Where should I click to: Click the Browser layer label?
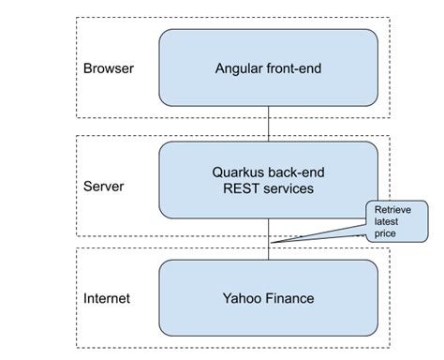109,68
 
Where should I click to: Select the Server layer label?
104,186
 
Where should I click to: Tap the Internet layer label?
107,299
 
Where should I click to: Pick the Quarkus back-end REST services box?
269,179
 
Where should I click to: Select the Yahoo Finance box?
269,299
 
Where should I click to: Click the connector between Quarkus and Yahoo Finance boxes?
269,238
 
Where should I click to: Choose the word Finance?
289,299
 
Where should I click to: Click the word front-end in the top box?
295,68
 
